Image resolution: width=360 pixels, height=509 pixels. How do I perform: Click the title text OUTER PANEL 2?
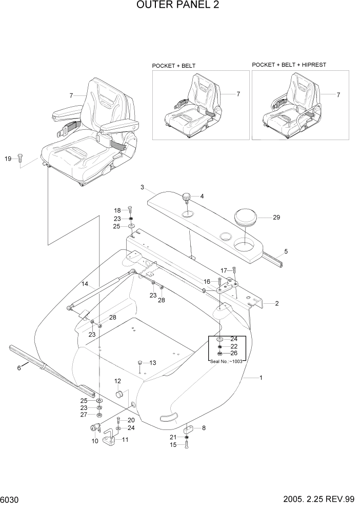point(179,6)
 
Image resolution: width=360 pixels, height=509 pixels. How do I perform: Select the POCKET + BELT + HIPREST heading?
point(289,65)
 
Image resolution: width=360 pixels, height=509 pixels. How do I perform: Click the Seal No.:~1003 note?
point(226,361)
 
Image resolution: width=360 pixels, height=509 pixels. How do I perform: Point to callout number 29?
point(276,218)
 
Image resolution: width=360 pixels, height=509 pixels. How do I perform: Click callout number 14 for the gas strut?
point(85,283)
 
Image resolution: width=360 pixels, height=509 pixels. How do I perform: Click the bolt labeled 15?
point(187,444)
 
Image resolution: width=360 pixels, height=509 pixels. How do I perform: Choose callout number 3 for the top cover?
point(142,187)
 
